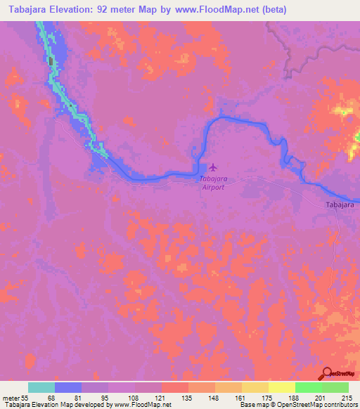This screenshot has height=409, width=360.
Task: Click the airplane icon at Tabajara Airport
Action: (x=213, y=168)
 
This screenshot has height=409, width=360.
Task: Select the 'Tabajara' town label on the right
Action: (x=340, y=204)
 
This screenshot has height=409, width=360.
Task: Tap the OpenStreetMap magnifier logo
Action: (x=328, y=375)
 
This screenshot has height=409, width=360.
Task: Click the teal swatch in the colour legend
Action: (x=41, y=387)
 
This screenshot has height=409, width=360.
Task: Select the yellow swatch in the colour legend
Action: (x=281, y=387)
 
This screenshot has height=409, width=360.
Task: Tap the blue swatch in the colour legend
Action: (x=68, y=387)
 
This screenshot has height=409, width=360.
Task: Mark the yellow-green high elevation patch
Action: (x=344, y=110)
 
